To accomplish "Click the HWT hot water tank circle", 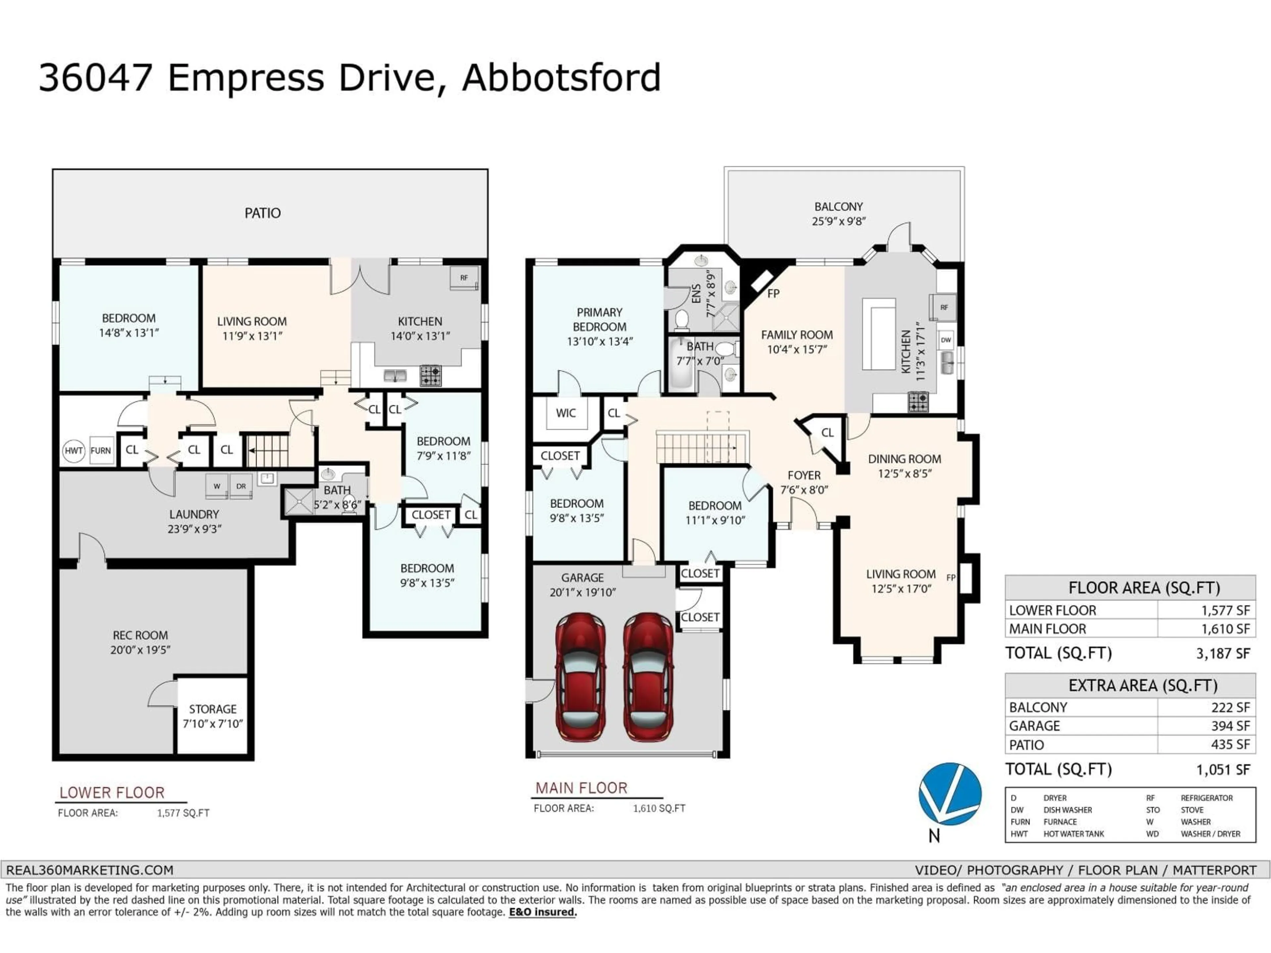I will (x=73, y=451).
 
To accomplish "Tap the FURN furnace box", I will (x=101, y=451).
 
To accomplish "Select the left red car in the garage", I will (x=580, y=677).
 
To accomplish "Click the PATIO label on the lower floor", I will (x=262, y=213).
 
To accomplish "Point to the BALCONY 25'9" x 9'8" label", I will (x=838, y=214).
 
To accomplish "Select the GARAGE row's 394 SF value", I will (x=1230, y=726).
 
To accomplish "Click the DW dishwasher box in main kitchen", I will (x=946, y=340).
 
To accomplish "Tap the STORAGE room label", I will (x=212, y=709).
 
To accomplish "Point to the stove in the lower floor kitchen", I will (x=430, y=376).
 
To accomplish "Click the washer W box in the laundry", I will (x=216, y=486).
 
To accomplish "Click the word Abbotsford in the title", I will (x=561, y=77).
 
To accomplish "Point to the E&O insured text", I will (x=542, y=912).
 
